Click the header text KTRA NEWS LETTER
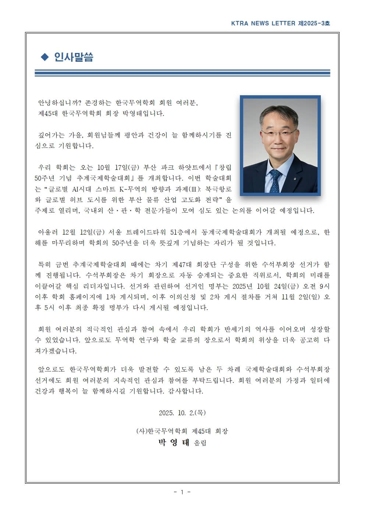tap(263, 23)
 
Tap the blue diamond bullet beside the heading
tap(45, 57)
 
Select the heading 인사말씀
tap(74, 57)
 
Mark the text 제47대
tap(182, 264)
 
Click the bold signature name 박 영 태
tap(174, 442)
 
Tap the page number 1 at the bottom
tap(182, 492)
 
